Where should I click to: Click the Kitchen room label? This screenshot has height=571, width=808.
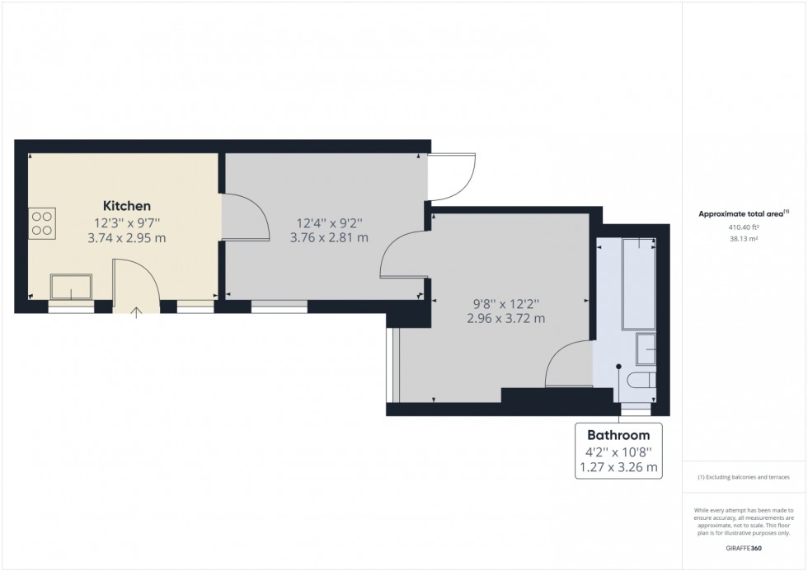coord(126,205)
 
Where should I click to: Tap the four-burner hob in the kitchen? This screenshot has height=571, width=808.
coord(42,223)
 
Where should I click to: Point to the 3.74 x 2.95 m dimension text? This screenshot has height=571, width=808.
coord(126,238)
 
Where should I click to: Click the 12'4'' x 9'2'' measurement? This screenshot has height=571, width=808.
coord(329,222)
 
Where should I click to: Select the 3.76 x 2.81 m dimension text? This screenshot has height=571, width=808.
coord(329,238)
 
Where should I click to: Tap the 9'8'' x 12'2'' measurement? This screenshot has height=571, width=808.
coord(506,302)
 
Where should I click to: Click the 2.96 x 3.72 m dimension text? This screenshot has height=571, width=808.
coord(506,318)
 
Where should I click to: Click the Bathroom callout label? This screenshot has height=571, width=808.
coord(618,435)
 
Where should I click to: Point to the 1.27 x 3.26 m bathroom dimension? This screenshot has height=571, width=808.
coord(618,468)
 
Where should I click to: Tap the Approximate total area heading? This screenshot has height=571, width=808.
coord(743,213)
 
